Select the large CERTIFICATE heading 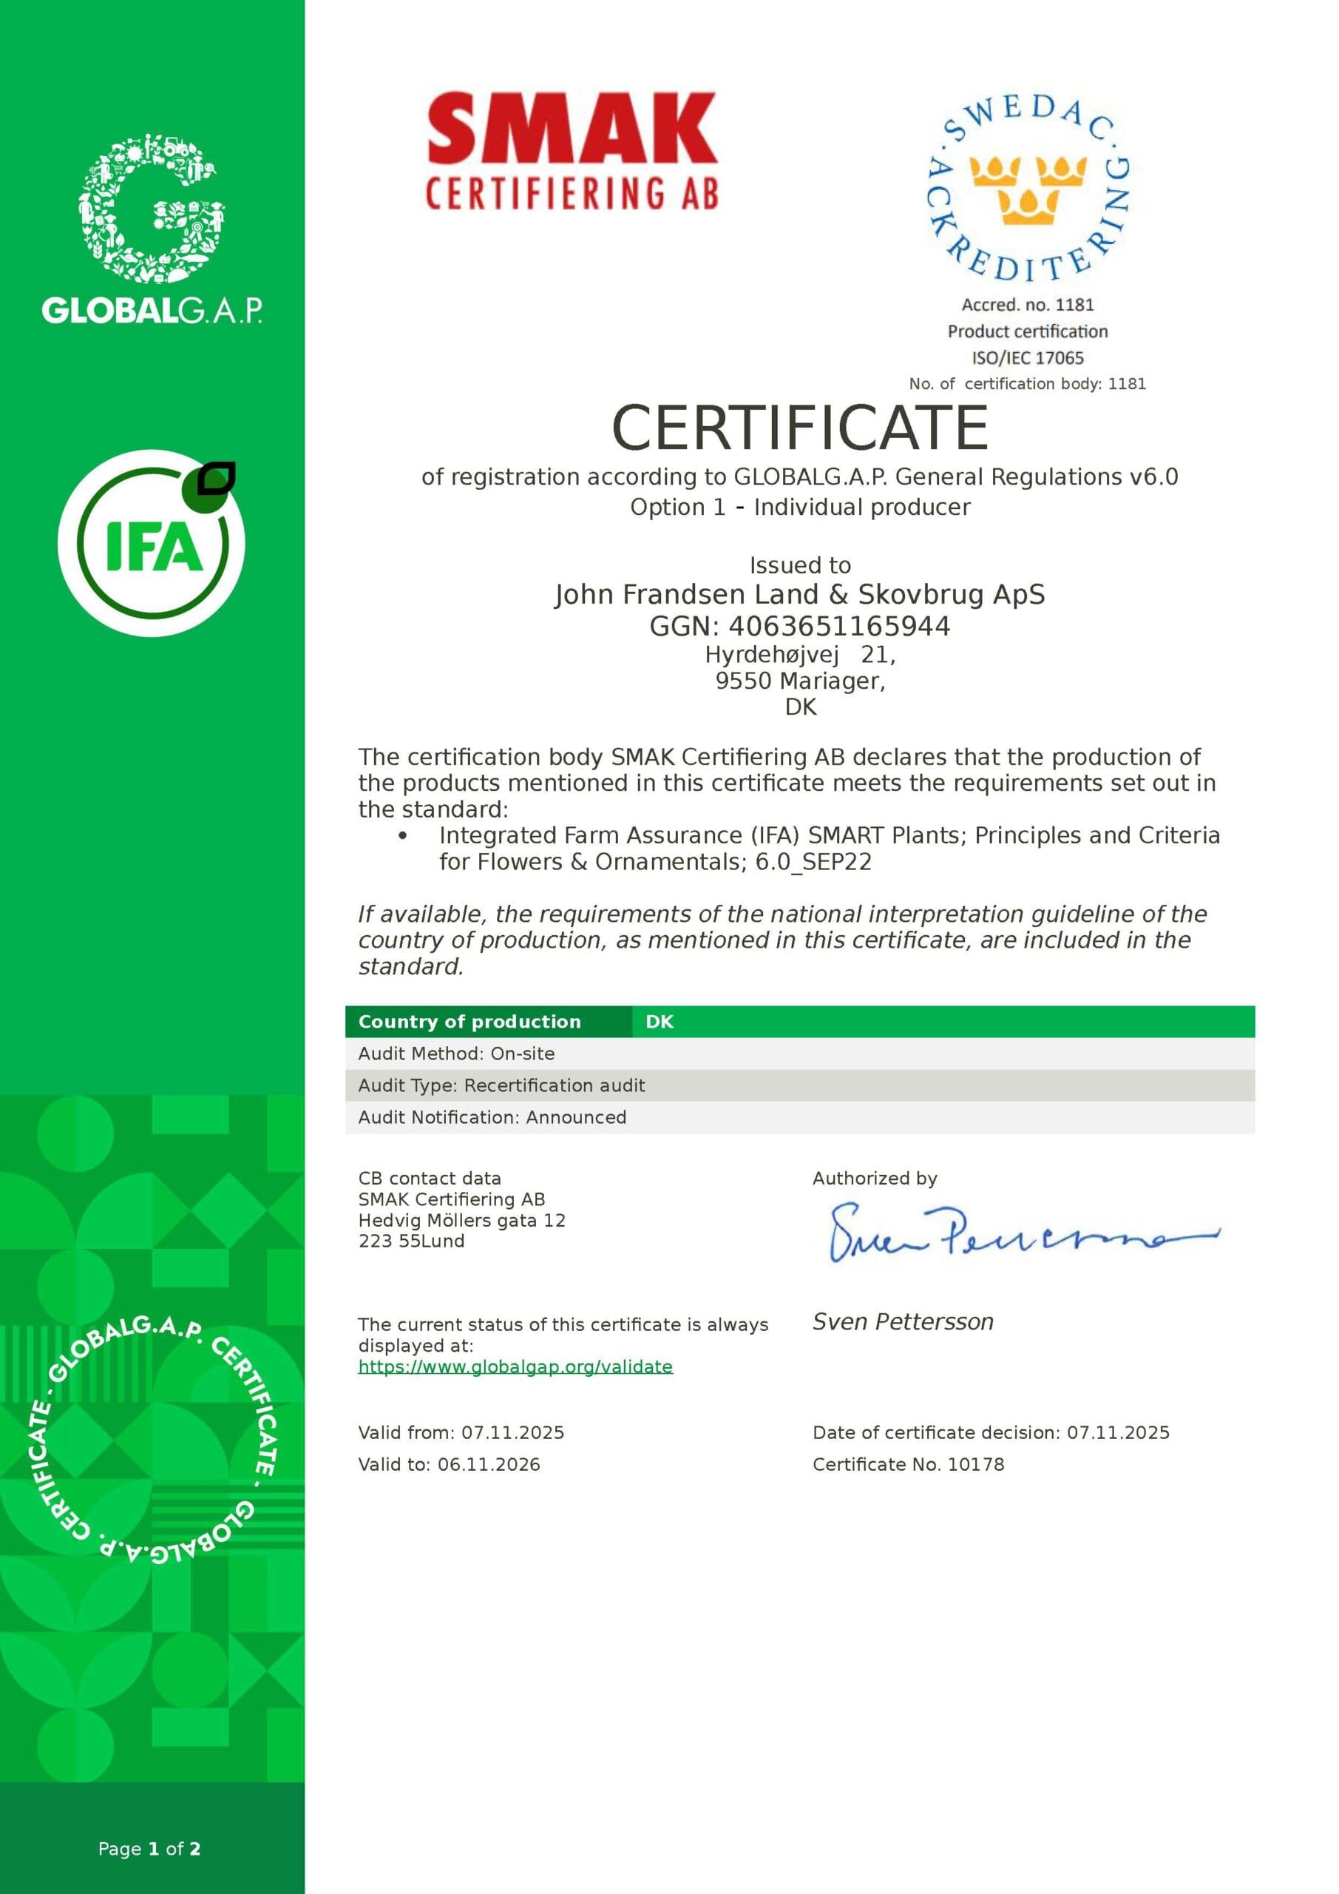tap(800, 428)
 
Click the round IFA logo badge tap(152, 544)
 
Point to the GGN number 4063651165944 tap(838, 626)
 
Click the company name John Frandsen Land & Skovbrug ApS tap(800, 594)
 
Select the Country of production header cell tap(470, 1021)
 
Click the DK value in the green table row tap(660, 1021)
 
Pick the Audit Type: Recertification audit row tap(501, 1085)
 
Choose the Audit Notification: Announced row tap(492, 1117)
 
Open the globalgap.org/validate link tap(515, 1367)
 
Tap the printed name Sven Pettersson tap(903, 1322)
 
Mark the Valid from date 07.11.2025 tap(512, 1433)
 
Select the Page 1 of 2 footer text tap(149, 1849)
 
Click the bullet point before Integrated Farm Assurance tap(402, 835)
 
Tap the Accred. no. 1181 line tap(1027, 304)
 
